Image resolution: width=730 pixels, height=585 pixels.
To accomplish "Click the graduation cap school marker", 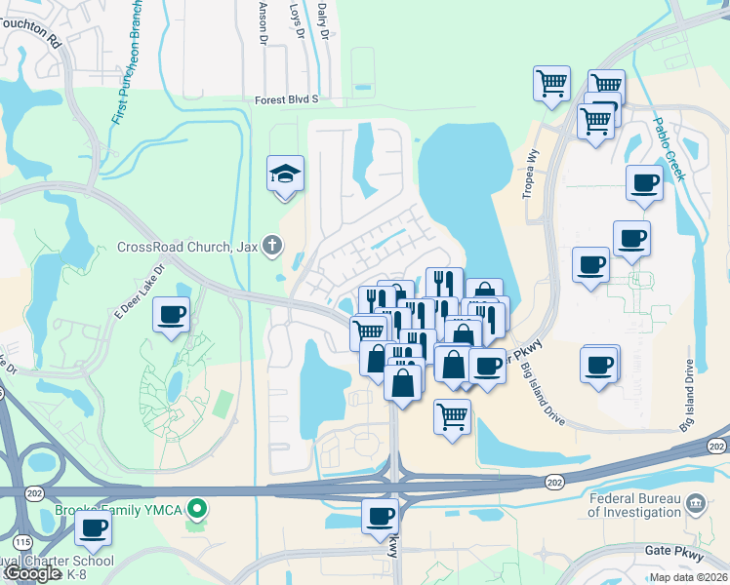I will pos(285,175).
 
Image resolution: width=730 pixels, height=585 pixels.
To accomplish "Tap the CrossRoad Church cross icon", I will pos(272,246).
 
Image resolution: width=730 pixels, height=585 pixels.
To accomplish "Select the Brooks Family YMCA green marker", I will pos(197,508).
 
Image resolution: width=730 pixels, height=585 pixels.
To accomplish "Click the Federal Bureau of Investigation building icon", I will pos(696,504).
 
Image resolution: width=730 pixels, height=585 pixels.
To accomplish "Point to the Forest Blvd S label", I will pos(287,99).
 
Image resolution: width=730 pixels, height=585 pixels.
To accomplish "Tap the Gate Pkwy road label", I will pos(670,551).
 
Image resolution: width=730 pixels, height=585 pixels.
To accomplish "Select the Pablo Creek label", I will pos(670,150).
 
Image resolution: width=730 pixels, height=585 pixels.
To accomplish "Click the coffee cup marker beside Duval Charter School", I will pos(94,529).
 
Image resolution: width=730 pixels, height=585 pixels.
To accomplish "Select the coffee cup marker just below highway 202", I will pos(380,516).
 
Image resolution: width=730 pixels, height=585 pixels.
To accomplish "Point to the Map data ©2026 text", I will pos(688,577).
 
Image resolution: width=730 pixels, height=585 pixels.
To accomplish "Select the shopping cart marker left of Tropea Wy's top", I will pos(552,83).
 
